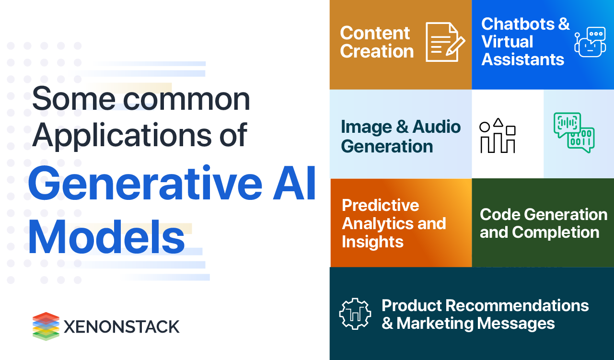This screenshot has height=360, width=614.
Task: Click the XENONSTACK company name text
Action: pos(121,327)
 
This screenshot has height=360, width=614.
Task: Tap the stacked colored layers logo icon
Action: pos(46,326)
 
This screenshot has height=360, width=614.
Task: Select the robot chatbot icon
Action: pos(590,42)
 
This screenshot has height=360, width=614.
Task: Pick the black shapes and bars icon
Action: pos(498,136)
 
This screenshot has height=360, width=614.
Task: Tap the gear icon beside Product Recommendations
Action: pos(355,314)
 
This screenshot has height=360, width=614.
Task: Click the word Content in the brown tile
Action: pos(375,33)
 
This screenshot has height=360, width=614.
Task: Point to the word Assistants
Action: pos(523,59)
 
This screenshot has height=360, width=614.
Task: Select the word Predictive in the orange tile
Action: pos(381,205)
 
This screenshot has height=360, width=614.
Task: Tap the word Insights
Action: pos(372,242)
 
